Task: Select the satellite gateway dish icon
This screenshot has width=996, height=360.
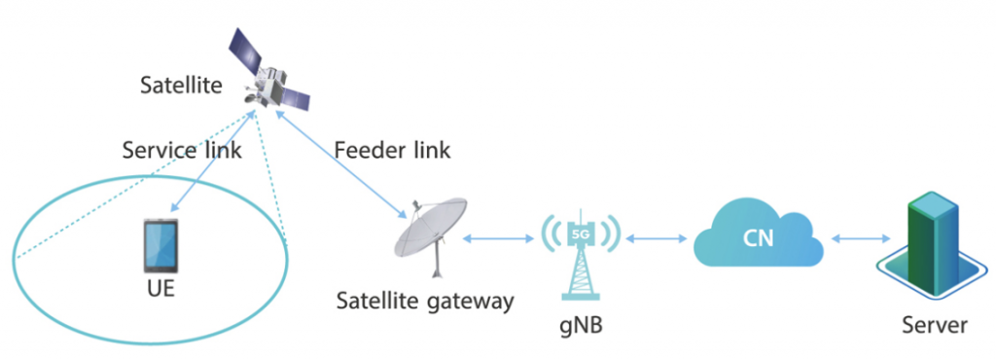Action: point(432,234)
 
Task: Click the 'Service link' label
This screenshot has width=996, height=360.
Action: point(182,151)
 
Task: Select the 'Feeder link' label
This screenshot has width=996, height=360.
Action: point(392,151)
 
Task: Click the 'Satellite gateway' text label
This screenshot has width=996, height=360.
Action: point(424,301)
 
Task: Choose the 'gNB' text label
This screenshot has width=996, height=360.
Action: point(581,324)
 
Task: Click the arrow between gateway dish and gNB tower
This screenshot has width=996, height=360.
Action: point(500,237)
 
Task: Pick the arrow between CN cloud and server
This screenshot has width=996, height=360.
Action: point(856,237)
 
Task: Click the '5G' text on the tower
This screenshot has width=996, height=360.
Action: point(581,234)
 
